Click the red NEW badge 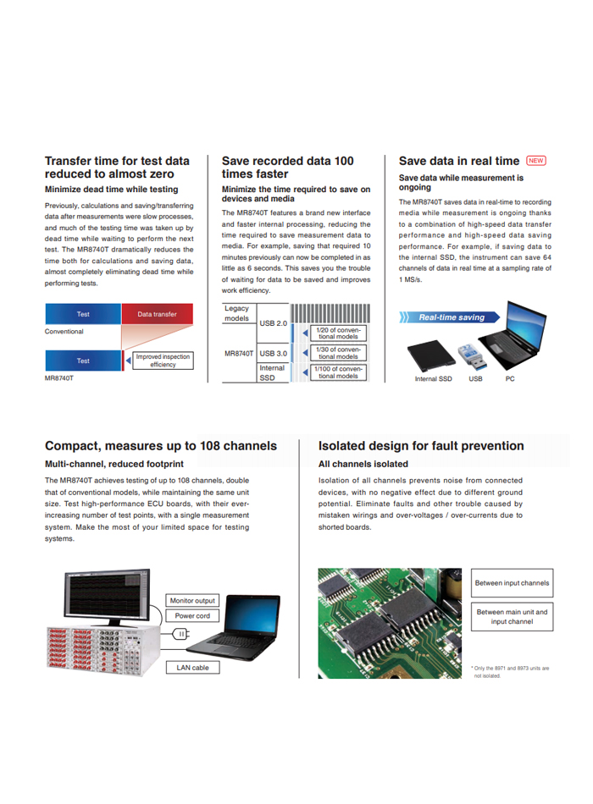[536, 161]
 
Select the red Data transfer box [158, 314]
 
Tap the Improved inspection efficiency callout [163, 361]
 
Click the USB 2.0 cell [273, 323]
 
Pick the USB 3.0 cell [273, 353]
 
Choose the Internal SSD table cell [273, 372]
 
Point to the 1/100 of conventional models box [337, 372]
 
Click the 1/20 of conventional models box [337, 333]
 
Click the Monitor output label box [193, 600]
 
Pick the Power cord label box [193, 616]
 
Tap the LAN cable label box [193, 668]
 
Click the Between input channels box [512, 582]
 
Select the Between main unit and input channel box [512, 617]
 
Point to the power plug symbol [180, 634]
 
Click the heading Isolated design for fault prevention [421, 446]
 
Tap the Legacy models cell [237, 313]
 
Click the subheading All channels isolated [363, 464]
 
